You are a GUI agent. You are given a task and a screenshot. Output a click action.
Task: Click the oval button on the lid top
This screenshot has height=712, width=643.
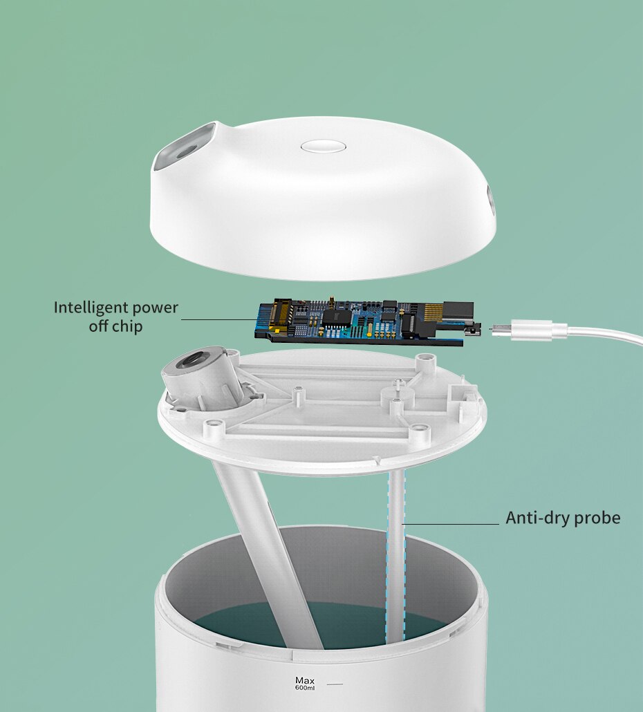click(x=324, y=147)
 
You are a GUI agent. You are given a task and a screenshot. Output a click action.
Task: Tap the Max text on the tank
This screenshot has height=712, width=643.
click(x=305, y=680)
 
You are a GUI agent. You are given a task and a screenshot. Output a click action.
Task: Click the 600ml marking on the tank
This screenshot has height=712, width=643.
click(x=305, y=688)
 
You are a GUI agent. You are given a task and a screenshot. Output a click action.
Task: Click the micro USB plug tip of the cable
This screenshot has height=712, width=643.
click(x=500, y=328)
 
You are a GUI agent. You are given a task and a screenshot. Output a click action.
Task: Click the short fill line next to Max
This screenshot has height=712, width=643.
click(x=335, y=684)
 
